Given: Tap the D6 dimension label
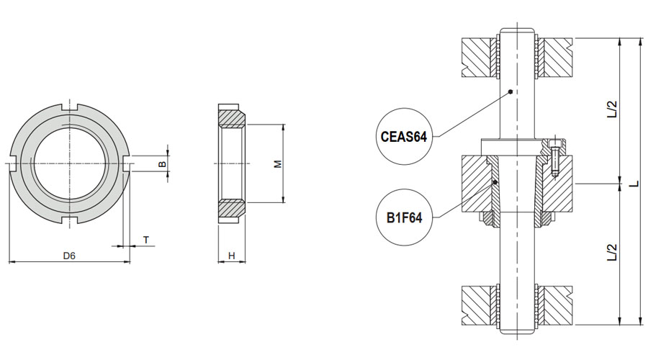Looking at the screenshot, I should point(68,255).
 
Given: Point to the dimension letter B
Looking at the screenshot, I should point(162,164).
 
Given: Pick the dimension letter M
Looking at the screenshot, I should point(276,164).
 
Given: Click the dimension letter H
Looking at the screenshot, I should point(232,255).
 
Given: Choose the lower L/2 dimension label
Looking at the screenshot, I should point(613,252).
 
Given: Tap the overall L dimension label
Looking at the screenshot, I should point(634,183).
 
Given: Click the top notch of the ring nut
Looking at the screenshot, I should point(70,109).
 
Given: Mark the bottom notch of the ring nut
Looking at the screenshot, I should point(70,220).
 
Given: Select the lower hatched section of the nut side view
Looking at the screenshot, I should point(232,209).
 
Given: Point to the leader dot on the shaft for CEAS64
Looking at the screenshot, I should point(509,91).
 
